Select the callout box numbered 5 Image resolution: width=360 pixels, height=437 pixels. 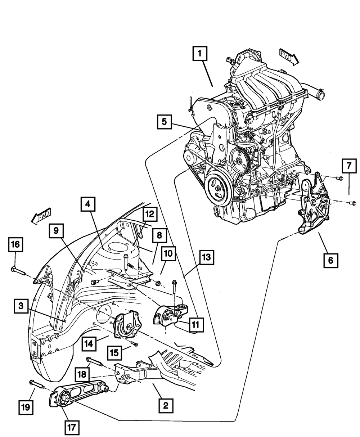point(164,122)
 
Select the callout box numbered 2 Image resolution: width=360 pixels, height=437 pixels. point(166,406)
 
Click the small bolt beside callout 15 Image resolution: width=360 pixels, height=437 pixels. point(134,344)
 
